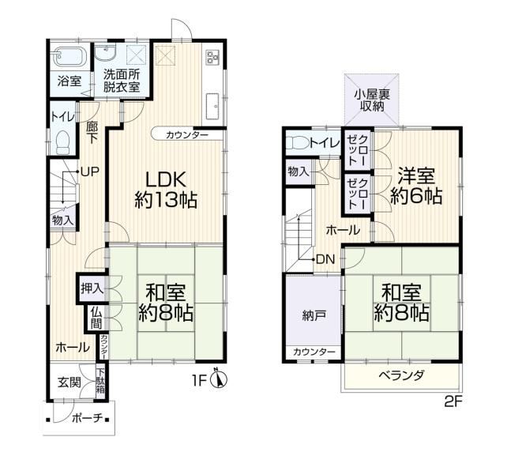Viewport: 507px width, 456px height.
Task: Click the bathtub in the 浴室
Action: (x=70, y=57)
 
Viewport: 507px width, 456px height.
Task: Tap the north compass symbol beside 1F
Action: (x=219, y=379)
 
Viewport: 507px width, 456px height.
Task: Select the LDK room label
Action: (x=166, y=179)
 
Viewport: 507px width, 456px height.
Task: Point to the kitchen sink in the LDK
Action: (x=212, y=107)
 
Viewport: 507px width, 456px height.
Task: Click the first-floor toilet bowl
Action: (x=63, y=143)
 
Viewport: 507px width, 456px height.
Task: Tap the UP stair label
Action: (x=89, y=171)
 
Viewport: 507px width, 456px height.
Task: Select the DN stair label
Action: (x=325, y=259)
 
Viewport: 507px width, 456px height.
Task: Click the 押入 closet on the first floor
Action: (x=92, y=288)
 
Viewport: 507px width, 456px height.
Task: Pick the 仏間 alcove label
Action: (x=96, y=318)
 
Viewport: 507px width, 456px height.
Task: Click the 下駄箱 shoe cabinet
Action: (x=100, y=382)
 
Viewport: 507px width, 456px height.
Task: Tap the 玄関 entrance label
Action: (x=69, y=383)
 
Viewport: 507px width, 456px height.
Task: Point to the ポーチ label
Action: (x=87, y=418)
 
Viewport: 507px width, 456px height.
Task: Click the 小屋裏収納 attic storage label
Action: (x=372, y=100)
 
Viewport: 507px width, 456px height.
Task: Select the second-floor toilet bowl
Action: (x=299, y=142)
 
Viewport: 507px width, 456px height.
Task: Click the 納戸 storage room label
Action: (x=314, y=315)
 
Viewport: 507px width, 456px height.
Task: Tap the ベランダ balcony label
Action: (x=401, y=375)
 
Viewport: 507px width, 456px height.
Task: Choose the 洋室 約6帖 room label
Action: (x=416, y=186)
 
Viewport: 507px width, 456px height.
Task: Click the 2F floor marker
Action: (x=453, y=402)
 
